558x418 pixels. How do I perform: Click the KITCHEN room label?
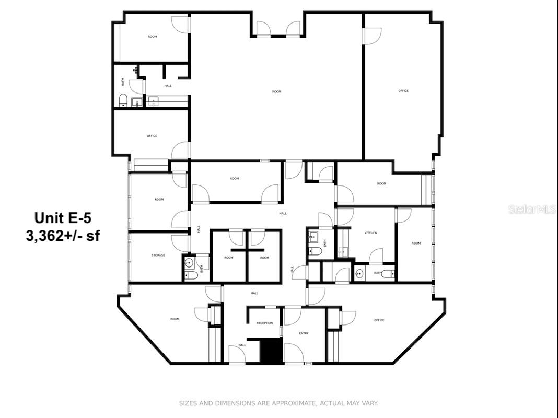pos(370,233)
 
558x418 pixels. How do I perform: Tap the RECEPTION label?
pos(264,323)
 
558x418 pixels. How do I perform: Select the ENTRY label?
pos(304,333)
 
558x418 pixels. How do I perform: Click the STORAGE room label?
pos(158,256)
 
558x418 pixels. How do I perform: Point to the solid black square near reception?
pos(271,351)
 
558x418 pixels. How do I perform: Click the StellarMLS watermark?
pos(532,210)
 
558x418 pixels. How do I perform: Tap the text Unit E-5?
pos(63,217)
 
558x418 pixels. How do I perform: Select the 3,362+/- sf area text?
pos(63,236)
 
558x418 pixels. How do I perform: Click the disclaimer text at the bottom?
pos(278,403)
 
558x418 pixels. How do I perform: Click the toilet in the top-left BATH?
pos(123,99)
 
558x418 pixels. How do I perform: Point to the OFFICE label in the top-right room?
pos(403,91)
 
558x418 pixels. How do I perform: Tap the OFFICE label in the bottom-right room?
pos(379,320)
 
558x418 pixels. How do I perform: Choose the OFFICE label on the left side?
pos(152,136)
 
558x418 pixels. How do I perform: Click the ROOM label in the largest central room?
pos(276,92)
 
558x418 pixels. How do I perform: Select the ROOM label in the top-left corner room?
pos(152,37)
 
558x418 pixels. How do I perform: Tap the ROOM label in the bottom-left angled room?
pos(175,319)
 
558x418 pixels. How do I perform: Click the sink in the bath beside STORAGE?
pos(190,262)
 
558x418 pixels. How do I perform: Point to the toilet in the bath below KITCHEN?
pos(387,273)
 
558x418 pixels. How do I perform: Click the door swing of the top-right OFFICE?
pos(372,36)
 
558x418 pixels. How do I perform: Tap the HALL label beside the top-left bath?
pos(168,86)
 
